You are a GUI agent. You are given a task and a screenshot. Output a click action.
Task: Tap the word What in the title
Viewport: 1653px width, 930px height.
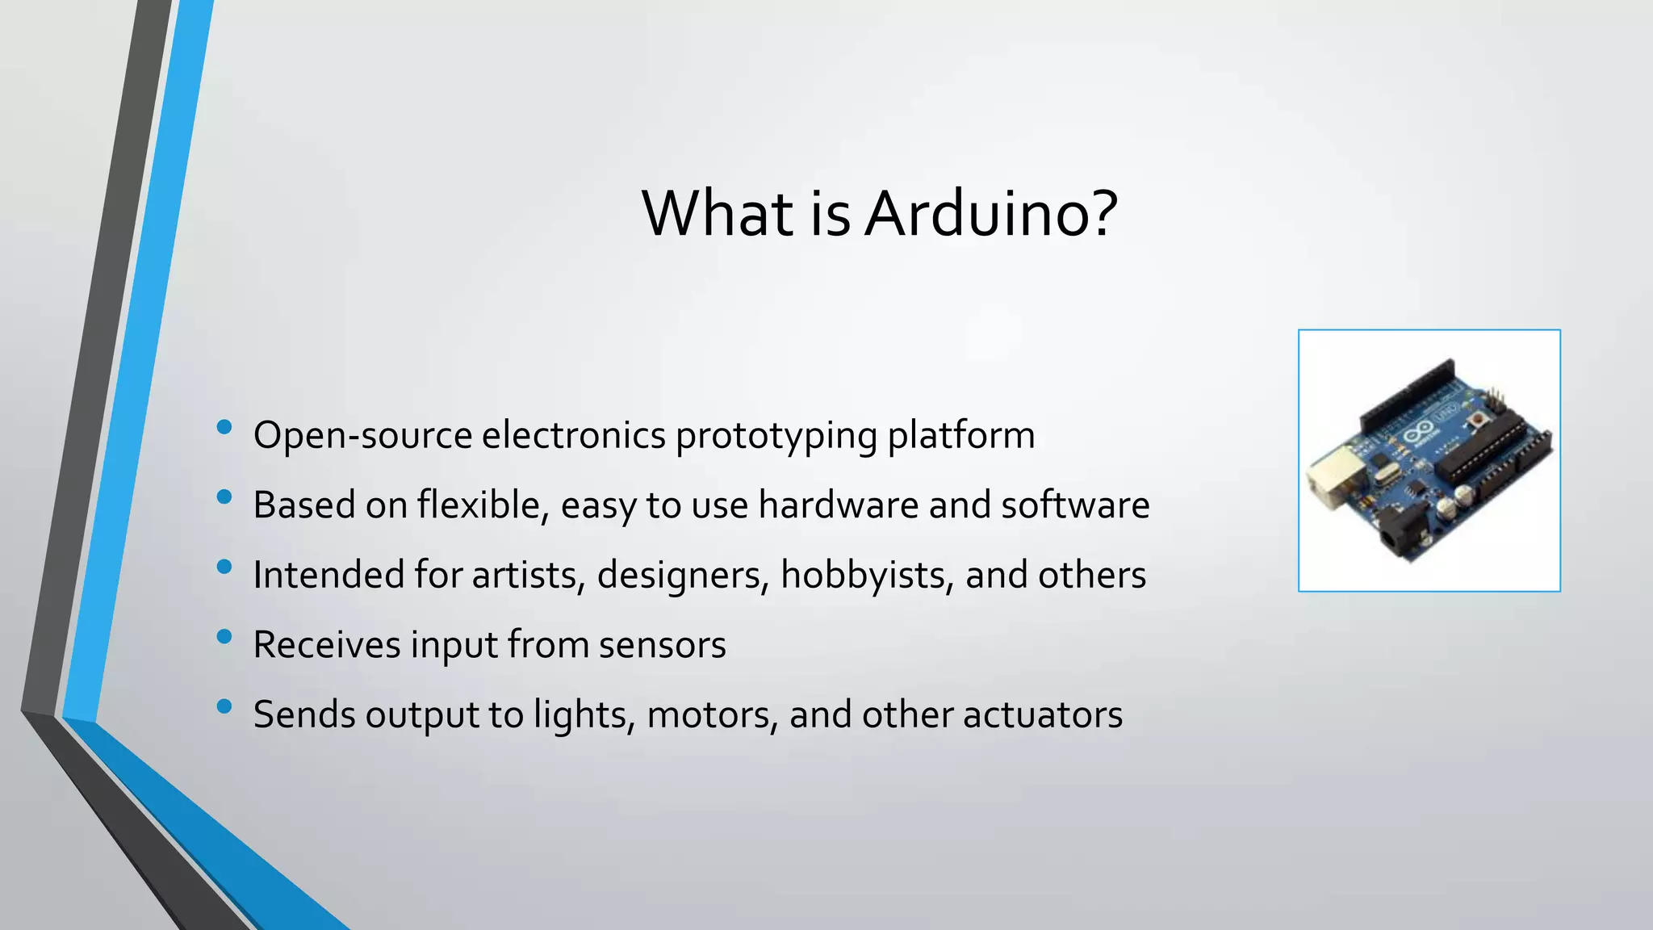(718, 214)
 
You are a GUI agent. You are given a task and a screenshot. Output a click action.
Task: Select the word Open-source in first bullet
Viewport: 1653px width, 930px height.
(362, 436)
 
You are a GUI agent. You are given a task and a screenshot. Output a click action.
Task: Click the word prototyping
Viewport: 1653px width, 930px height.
(776, 436)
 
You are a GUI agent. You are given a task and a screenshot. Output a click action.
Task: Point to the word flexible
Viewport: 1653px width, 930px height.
(483, 505)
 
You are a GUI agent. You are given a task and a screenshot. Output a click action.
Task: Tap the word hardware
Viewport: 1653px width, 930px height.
(838, 505)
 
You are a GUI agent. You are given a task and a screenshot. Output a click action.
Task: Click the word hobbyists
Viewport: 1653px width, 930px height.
(868, 576)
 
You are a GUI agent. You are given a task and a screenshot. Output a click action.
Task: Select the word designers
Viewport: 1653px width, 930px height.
(683, 576)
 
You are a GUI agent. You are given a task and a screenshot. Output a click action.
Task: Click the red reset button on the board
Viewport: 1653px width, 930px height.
(1479, 420)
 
